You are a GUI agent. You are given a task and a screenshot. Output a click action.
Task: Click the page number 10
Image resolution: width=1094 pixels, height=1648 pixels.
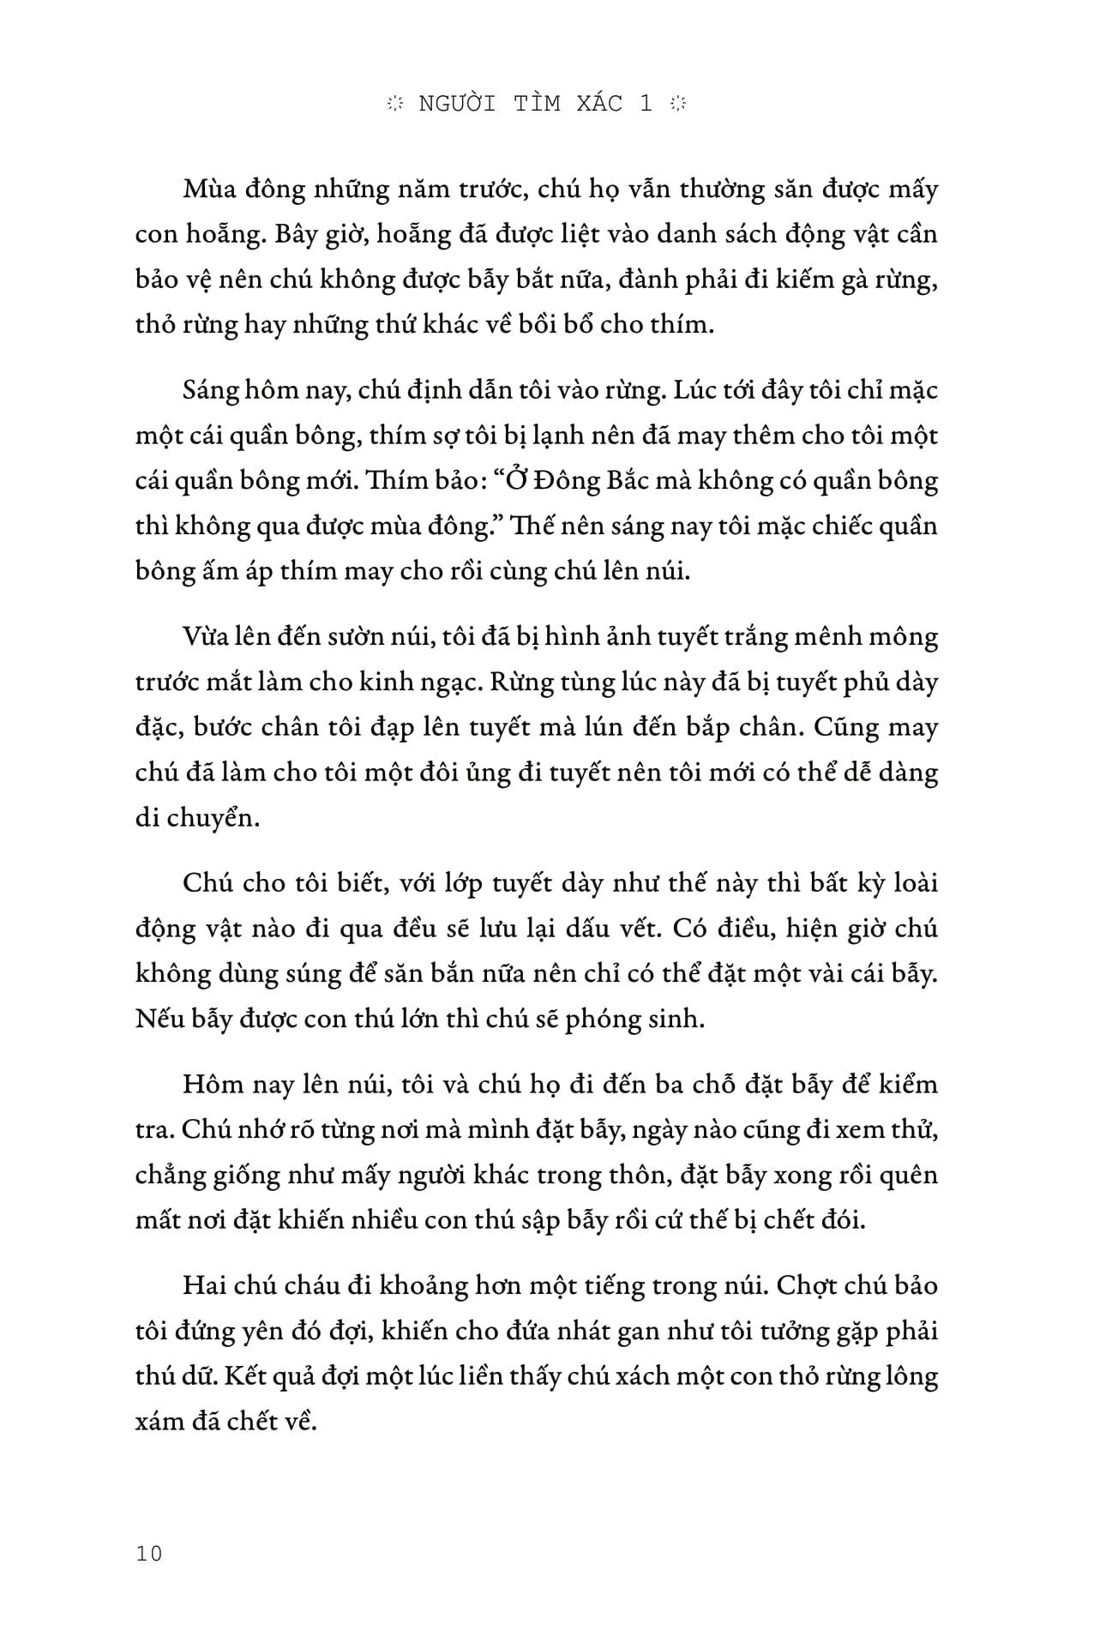tap(148, 1553)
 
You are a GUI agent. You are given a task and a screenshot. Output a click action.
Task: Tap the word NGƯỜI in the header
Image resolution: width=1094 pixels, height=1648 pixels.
tap(458, 103)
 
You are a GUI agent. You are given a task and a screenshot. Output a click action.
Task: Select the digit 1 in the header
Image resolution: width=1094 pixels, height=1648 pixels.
tap(646, 103)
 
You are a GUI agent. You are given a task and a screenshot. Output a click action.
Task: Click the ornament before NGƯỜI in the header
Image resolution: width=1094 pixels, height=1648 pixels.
tap(395, 104)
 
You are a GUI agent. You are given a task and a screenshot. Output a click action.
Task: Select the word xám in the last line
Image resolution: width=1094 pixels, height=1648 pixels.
tap(159, 1422)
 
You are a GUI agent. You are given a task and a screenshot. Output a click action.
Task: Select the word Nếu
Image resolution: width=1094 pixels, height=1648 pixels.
tap(159, 1020)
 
